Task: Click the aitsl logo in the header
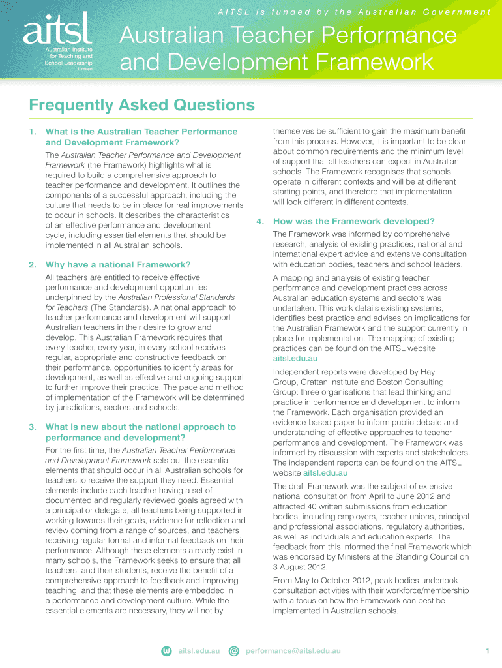coord(57,30)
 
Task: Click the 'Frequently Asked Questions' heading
coord(141,105)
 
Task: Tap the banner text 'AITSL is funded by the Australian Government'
coord(354,12)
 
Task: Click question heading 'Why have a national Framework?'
coord(118,264)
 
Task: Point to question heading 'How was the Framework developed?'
coord(353,221)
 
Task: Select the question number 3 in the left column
coord(32,427)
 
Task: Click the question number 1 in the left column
coord(32,132)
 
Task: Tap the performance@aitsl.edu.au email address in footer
coord(293,651)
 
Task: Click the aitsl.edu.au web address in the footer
coord(199,651)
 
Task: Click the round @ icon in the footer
coord(235,651)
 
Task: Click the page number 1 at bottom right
coord(487,651)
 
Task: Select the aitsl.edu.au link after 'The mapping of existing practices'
coord(295,359)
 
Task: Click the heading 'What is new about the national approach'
coord(140,427)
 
